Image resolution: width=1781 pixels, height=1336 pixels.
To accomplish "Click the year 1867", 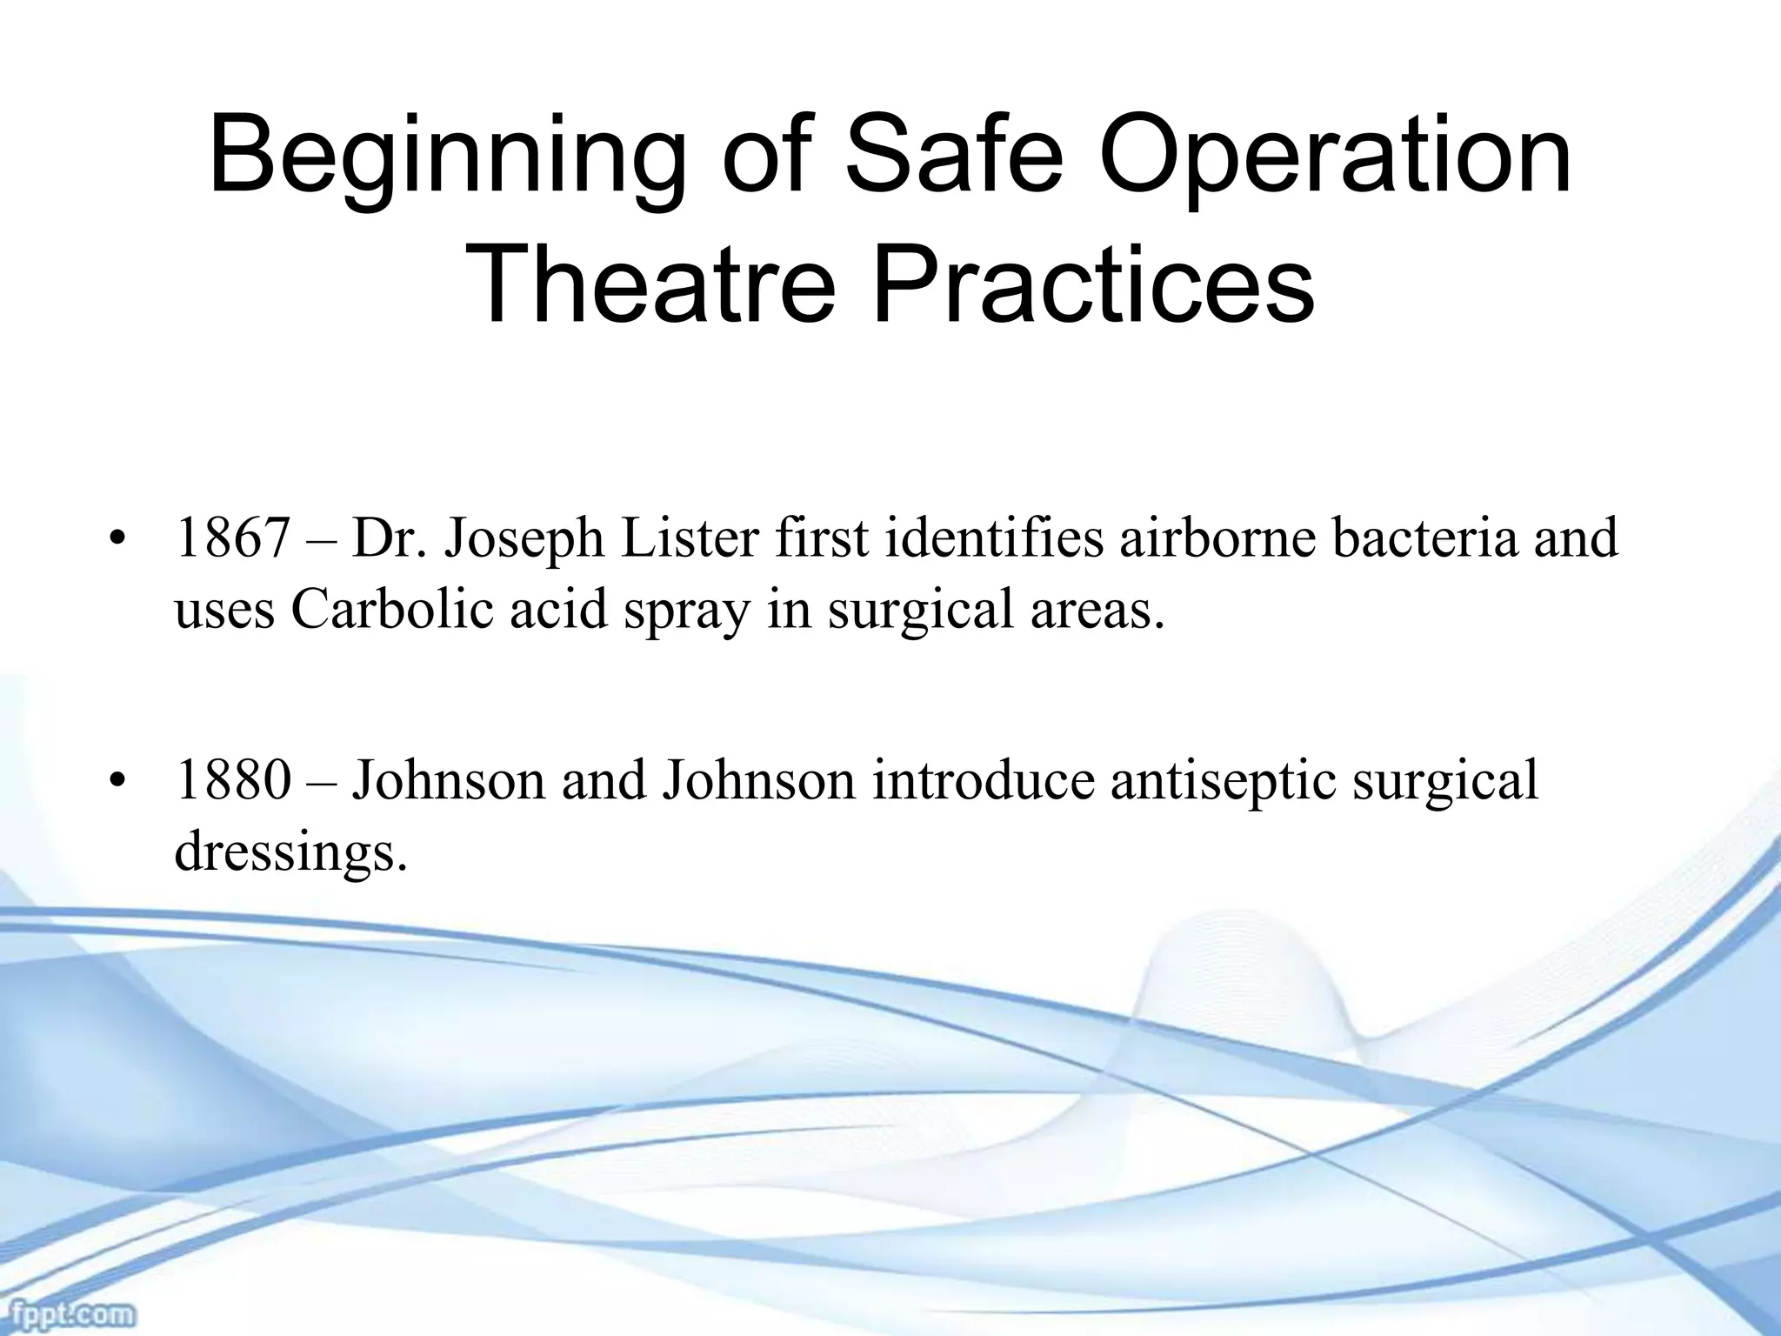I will (x=231, y=538).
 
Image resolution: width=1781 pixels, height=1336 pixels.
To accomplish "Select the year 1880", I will (x=231, y=780).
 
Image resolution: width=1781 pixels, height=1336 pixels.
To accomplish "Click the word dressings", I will (x=290, y=855).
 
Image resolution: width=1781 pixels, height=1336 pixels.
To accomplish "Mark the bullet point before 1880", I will (x=116, y=783).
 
